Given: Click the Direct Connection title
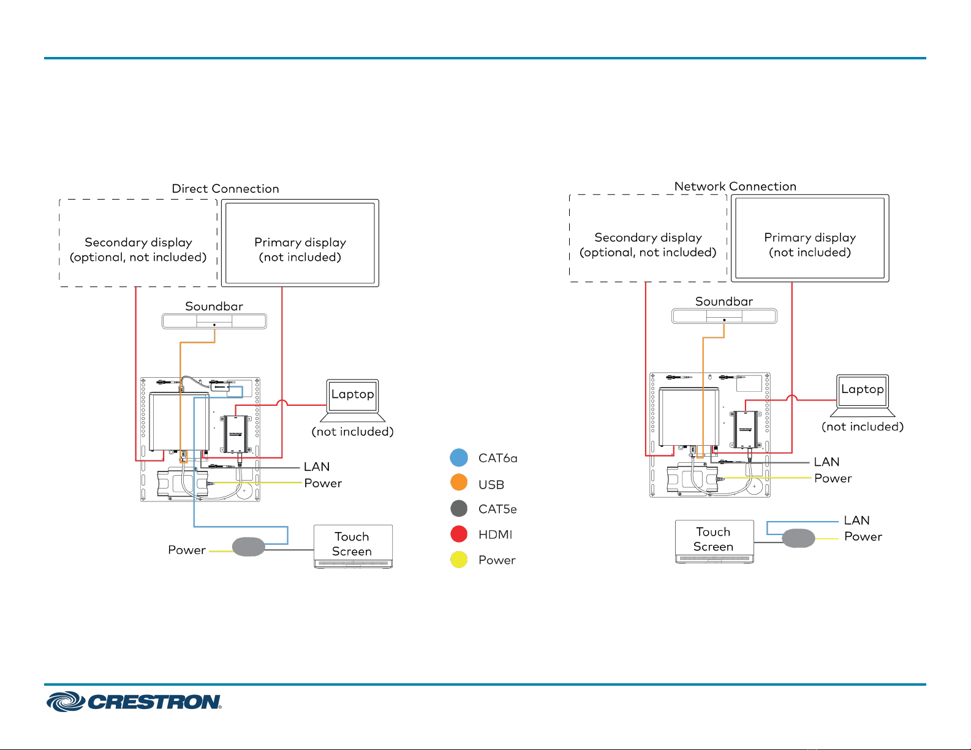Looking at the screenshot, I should (x=225, y=189).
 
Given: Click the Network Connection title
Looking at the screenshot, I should (x=735, y=186).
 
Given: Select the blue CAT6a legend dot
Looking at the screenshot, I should (x=459, y=457).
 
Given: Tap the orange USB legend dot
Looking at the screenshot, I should (x=459, y=482).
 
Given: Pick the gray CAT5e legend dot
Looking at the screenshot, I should (x=459, y=508).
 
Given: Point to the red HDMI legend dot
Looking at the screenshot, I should (x=459, y=534).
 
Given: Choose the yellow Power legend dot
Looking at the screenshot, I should (x=459, y=560).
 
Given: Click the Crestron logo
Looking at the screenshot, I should (x=134, y=702).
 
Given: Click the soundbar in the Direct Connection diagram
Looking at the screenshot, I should (x=214, y=321).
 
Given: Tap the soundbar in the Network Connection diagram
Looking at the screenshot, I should (x=724, y=316).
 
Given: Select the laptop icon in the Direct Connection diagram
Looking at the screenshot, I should (x=353, y=400).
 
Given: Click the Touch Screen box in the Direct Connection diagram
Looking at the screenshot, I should (x=353, y=546).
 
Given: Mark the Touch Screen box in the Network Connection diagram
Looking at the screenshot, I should (x=714, y=541).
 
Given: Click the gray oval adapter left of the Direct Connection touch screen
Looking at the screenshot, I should (x=248, y=546).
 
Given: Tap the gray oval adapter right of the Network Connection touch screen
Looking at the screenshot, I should (x=799, y=538).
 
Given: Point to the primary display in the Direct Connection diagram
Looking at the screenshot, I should (x=300, y=243).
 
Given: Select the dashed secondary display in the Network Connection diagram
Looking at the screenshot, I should (x=648, y=238).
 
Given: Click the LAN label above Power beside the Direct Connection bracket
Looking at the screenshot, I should (x=317, y=467).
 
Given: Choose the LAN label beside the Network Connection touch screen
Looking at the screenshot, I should (x=856, y=520).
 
